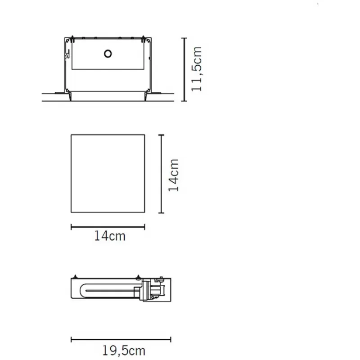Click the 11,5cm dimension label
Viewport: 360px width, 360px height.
tap(197, 69)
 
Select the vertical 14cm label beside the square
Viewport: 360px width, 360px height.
tap(173, 175)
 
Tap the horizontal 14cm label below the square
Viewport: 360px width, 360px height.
tap(110, 236)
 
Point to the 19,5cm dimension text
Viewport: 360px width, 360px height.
tap(124, 351)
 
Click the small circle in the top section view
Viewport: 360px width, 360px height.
tap(108, 54)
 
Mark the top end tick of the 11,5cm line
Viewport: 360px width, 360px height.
tap(184, 38)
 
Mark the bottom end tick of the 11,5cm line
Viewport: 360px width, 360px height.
tap(184, 100)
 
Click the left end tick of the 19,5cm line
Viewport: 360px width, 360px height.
tap(72, 339)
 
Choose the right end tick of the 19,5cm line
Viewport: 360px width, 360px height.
tap(171, 339)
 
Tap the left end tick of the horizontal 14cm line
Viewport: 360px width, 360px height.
tap(72, 227)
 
